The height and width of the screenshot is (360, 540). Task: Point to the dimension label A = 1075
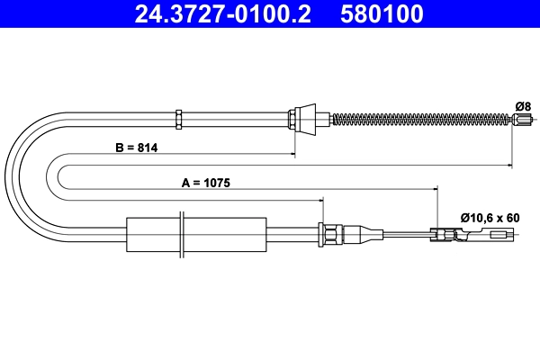[x=205, y=182]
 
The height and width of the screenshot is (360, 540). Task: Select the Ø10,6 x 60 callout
[x=490, y=217]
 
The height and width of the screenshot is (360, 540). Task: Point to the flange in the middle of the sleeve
[x=182, y=236]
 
